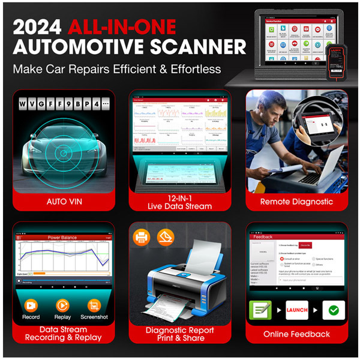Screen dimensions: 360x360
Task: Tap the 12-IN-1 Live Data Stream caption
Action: tap(180, 202)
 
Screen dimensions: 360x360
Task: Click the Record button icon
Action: tap(31, 305)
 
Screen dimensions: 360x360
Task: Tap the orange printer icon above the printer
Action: tap(142, 238)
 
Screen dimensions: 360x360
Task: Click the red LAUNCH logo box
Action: tap(297, 310)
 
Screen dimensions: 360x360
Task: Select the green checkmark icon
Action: tap(334, 310)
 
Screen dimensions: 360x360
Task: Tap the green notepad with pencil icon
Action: tap(260, 310)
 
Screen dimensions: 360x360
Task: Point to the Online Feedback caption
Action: tap(296, 334)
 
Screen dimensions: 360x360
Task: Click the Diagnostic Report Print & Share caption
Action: tap(181, 334)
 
